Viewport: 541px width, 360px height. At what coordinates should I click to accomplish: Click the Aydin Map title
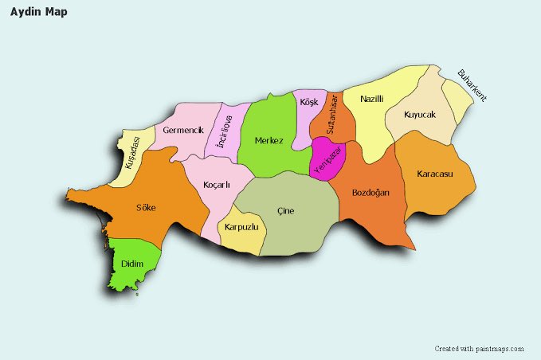[x=38, y=12]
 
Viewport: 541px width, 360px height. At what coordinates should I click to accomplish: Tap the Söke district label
[x=146, y=208]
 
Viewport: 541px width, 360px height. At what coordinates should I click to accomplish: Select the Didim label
[x=132, y=264]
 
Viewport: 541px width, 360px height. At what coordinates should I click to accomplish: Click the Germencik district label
[x=183, y=130]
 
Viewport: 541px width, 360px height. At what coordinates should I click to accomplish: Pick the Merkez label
[x=269, y=141]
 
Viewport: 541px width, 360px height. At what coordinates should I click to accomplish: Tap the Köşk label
[x=309, y=103]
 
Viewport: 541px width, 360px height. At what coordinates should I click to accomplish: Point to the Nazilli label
[x=372, y=100]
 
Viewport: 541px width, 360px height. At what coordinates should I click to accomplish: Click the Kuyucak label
[x=420, y=115]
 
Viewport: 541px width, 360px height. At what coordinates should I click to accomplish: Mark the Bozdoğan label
[x=370, y=193]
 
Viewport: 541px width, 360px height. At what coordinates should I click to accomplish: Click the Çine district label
[x=285, y=211]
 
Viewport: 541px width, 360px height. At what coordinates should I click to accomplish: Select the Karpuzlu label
[x=241, y=228]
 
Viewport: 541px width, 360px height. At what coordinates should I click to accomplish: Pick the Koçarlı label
[x=216, y=185]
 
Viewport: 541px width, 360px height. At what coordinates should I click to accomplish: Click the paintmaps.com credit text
[x=479, y=349]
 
